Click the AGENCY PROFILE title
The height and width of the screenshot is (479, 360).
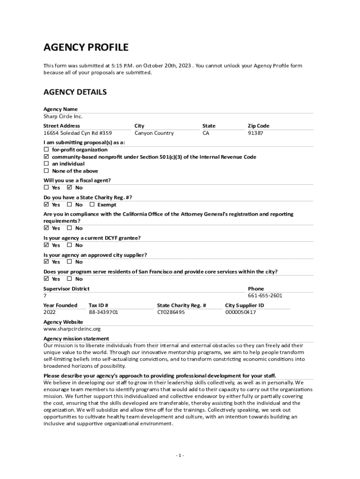(x=86, y=47)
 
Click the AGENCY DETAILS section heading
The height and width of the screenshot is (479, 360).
(x=75, y=92)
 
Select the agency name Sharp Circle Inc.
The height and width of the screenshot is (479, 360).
(x=63, y=116)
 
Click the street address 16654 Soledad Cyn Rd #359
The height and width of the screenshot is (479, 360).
(x=78, y=133)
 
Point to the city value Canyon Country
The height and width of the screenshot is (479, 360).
(x=154, y=133)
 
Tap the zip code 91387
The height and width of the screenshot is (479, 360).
(x=255, y=133)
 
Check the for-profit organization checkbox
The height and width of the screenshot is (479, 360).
(x=46, y=150)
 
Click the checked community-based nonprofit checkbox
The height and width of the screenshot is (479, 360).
(x=46, y=157)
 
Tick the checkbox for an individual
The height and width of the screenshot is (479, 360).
(x=46, y=164)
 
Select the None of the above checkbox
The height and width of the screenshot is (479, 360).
(x=46, y=171)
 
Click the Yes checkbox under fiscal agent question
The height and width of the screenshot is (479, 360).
(x=46, y=188)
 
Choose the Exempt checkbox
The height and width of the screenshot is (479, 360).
(x=92, y=205)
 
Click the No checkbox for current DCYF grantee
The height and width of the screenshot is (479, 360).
(x=70, y=245)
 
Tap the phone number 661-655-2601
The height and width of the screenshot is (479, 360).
(x=265, y=296)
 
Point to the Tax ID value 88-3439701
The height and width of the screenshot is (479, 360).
(x=103, y=312)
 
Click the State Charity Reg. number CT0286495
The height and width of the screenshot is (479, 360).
(x=171, y=312)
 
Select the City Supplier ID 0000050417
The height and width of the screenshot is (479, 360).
(x=240, y=312)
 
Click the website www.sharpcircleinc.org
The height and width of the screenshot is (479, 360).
(x=72, y=329)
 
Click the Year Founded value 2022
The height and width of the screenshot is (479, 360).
(x=50, y=312)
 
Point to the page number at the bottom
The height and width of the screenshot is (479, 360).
(x=180, y=456)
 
